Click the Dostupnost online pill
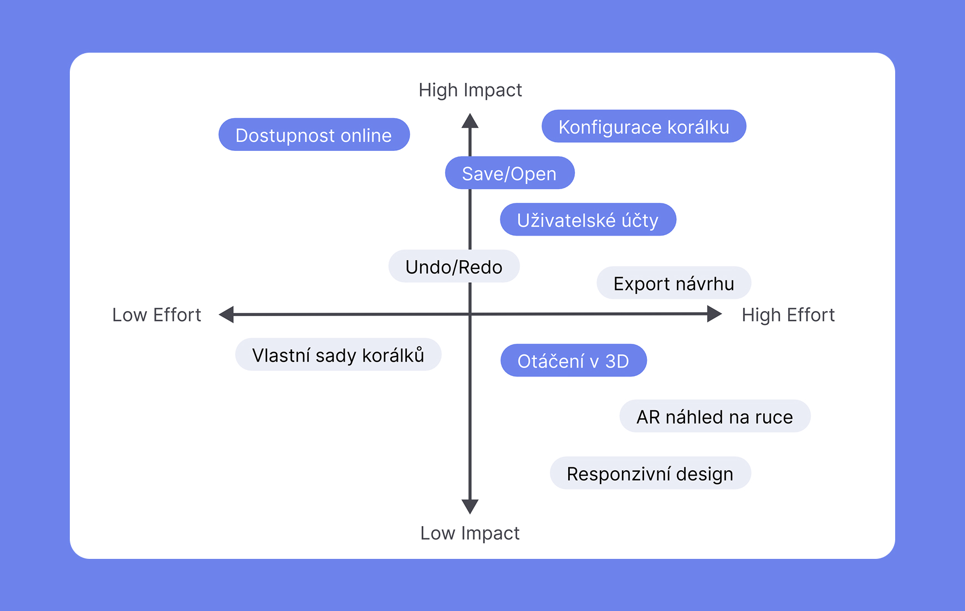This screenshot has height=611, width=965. pyautogui.click(x=314, y=135)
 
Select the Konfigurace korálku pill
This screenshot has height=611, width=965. pyautogui.click(x=644, y=126)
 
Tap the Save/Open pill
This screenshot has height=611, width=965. pyautogui.click(x=509, y=173)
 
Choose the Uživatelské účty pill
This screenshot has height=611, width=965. pyautogui.click(x=588, y=220)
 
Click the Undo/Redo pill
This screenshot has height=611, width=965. pyautogui.click(x=453, y=267)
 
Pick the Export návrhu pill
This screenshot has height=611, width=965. pyautogui.click(x=673, y=283)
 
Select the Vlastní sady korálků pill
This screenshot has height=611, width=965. pyautogui.click(x=338, y=355)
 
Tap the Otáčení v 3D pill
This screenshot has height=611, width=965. pyautogui.click(x=573, y=360)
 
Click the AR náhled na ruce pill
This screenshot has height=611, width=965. pyautogui.click(x=714, y=416)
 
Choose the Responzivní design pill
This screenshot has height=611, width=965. pyautogui.click(x=650, y=473)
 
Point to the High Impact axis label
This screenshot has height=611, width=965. pyautogui.click(x=470, y=90)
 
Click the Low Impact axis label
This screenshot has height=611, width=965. pyautogui.click(x=470, y=533)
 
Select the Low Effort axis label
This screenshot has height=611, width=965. pyautogui.click(x=156, y=315)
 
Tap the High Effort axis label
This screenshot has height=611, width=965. pyautogui.click(x=788, y=315)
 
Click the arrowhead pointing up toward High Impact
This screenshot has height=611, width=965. pyautogui.click(x=470, y=121)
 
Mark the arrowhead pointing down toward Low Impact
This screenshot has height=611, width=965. pyautogui.click(x=470, y=506)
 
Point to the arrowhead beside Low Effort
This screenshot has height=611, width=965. pyautogui.click(x=227, y=314)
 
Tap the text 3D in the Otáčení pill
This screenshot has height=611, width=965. pyautogui.click(x=617, y=361)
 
